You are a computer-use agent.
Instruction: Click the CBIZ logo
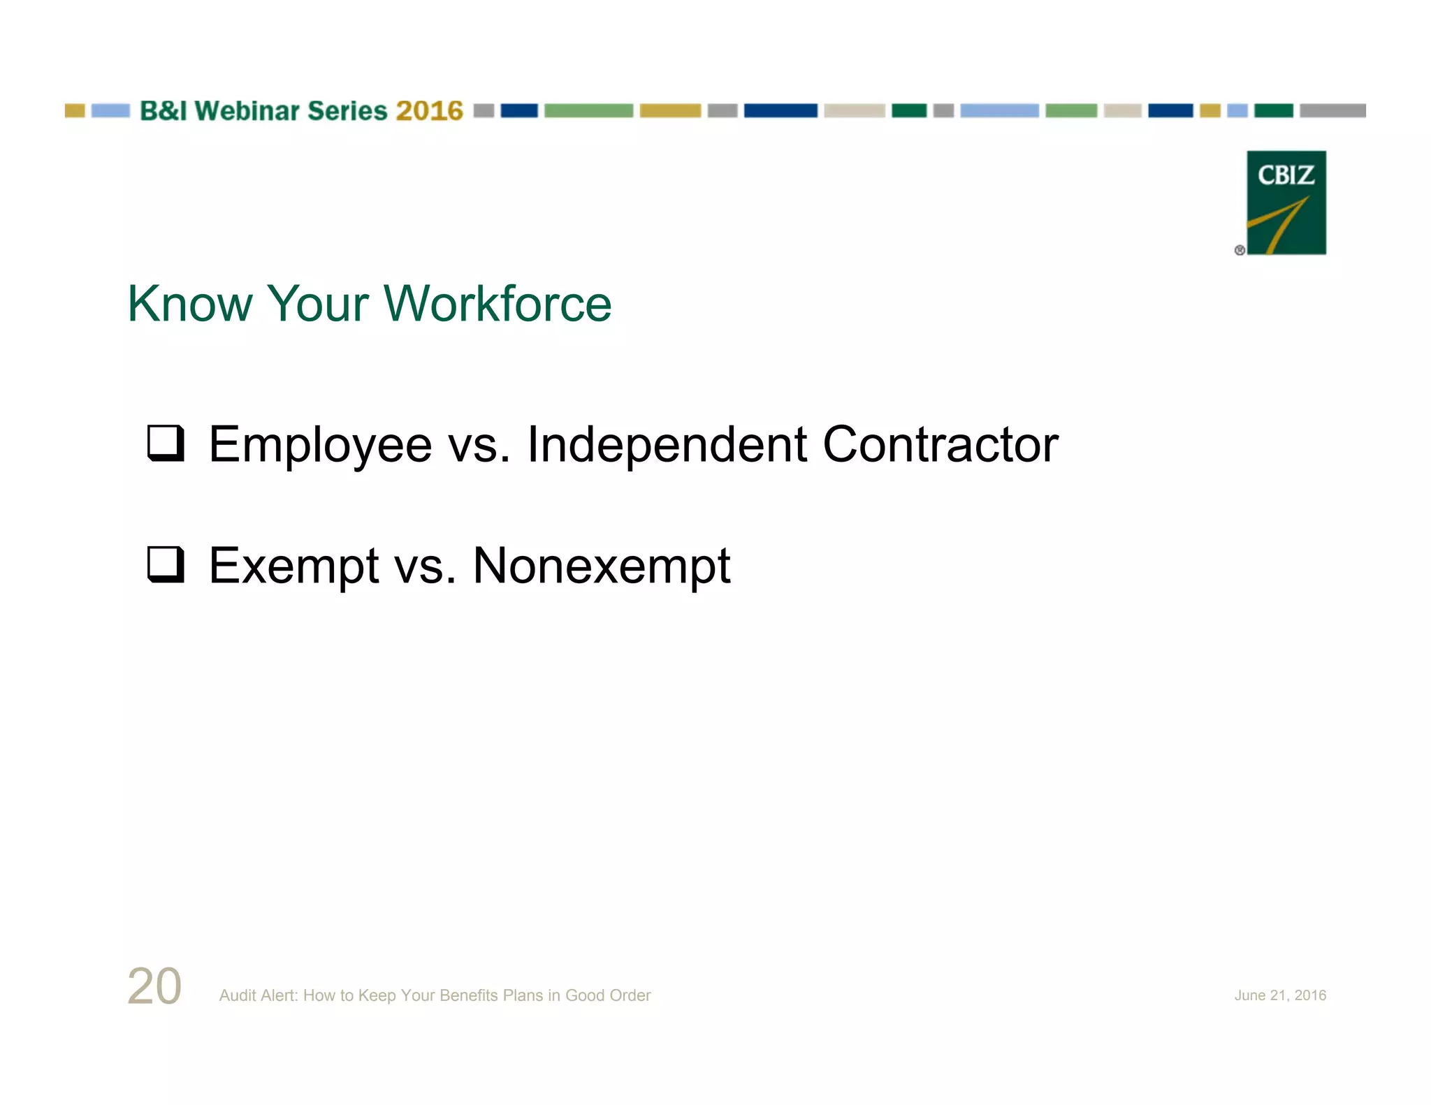click(1286, 203)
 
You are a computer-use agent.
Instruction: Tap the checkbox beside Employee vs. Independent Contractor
click(166, 443)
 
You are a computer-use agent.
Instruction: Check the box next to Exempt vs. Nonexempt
click(166, 564)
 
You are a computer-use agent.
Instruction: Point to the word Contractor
click(940, 444)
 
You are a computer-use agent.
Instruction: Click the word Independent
click(667, 444)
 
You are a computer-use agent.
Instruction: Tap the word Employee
click(320, 446)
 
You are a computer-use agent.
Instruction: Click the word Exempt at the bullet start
click(293, 566)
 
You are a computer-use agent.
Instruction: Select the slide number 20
click(154, 986)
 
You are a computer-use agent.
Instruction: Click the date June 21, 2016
click(1279, 995)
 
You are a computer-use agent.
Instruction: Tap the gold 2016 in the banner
click(429, 111)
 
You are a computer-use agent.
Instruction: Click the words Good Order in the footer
click(608, 995)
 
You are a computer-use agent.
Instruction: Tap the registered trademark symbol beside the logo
click(1240, 250)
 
